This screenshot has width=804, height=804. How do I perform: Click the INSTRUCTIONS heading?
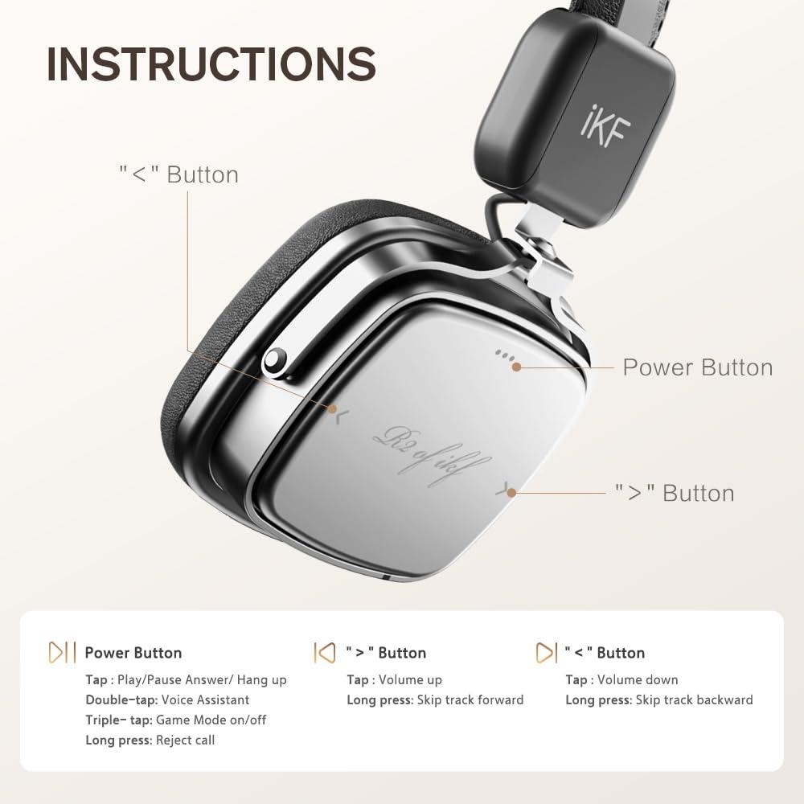coord(211,64)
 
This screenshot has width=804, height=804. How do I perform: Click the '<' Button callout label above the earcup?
coord(178,174)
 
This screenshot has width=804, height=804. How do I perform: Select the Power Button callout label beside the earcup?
coord(697,367)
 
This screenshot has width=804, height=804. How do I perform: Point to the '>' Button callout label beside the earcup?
coord(675,493)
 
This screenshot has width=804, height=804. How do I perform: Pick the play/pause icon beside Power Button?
coord(63,652)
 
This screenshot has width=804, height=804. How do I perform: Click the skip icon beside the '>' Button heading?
coord(324,652)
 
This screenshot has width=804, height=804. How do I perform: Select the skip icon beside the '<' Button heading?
coord(546,652)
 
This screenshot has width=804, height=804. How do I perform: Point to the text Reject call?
coord(185,740)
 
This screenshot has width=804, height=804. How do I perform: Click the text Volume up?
coord(410,680)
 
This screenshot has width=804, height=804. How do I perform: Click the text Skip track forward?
coord(470,700)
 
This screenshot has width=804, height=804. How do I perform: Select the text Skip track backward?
coord(695,700)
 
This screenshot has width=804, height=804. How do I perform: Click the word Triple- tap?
coord(118,720)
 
